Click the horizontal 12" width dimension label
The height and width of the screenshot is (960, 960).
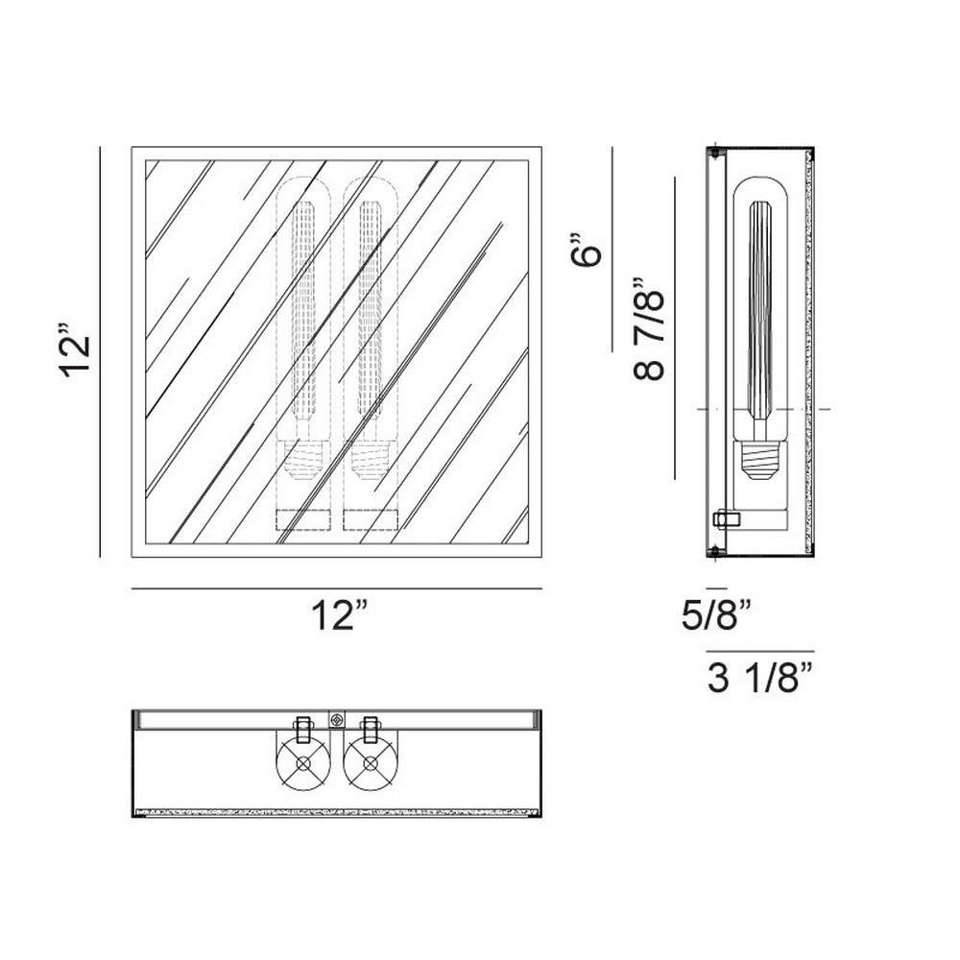coord(340,614)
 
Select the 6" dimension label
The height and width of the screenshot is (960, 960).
coord(586,250)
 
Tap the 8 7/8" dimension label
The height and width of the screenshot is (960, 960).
coord(648,328)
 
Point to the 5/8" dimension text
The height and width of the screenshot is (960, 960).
coord(716,614)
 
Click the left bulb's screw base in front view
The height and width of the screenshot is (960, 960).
coord(303,460)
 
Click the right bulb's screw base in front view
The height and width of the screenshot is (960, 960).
coord(371,460)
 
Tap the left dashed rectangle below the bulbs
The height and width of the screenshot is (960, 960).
coord(303,519)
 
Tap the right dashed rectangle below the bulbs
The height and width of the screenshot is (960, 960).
coord(371,519)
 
